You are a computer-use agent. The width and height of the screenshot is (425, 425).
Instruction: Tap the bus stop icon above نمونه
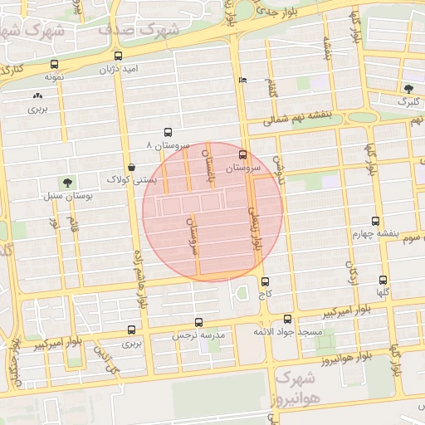pyautogui.click(x=55, y=63)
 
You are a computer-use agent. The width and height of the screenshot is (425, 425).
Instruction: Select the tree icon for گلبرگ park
pyautogui.click(x=408, y=88)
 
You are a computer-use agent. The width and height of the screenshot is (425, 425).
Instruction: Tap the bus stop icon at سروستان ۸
pyautogui.click(x=169, y=132)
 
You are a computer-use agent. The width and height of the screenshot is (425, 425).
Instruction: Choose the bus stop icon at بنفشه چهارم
pyautogui.click(x=376, y=222)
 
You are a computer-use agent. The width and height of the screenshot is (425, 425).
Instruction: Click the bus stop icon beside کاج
pyautogui.click(x=265, y=281)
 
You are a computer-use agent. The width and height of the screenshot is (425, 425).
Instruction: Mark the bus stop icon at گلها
pyautogui.click(x=383, y=280)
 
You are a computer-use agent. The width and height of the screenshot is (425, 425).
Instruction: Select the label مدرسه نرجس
pyautogui.click(x=198, y=335)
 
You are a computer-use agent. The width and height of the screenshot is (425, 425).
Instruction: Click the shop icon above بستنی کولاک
pyautogui.click(x=132, y=167)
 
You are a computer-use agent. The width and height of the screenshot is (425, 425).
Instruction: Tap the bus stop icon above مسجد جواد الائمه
pyautogui.click(x=287, y=319)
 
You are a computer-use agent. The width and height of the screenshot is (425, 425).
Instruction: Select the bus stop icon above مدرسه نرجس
pyautogui.click(x=198, y=322)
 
